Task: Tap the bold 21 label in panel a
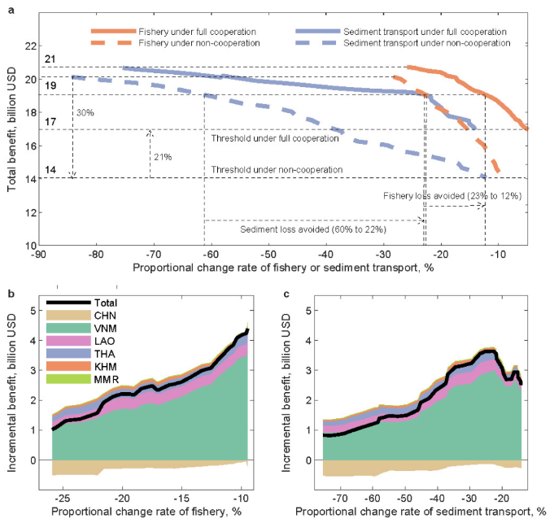(x=50, y=60)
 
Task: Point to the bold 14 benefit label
(x=50, y=171)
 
